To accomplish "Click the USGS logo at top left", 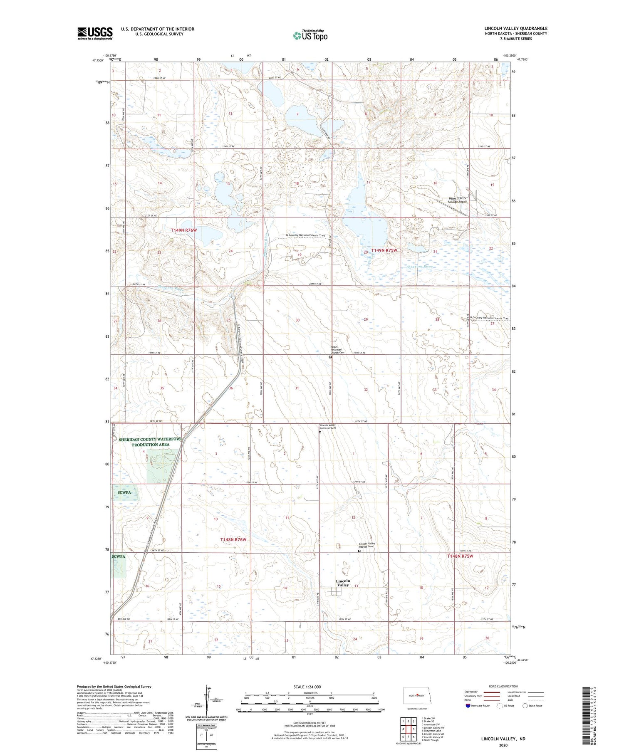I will click(x=95, y=33).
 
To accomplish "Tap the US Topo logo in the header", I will click(x=310, y=36).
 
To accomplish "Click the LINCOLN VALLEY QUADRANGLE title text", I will click(x=515, y=28).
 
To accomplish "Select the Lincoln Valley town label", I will click(x=343, y=583).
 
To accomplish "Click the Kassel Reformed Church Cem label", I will click(x=337, y=350).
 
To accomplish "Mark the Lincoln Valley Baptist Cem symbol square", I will click(x=359, y=551).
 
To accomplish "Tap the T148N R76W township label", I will click(x=233, y=539).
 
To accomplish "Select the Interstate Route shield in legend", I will click(x=468, y=706).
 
